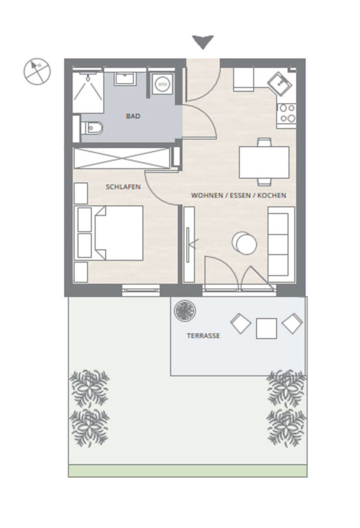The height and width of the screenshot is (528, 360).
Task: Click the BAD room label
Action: point(133,116)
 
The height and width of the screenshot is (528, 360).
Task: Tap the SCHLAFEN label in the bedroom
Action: point(123,187)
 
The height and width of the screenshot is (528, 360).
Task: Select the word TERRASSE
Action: point(203,336)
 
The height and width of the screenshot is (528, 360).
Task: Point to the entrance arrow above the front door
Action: point(203,42)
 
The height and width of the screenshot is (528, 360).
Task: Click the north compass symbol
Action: point(37,72)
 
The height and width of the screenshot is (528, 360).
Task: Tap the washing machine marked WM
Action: point(162,84)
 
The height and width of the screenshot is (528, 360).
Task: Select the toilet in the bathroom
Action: point(92,128)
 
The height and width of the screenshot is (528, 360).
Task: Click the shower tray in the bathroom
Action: point(88,92)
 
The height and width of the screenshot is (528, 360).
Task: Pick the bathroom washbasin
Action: point(125,79)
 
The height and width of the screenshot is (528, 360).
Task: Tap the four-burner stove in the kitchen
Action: point(287,113)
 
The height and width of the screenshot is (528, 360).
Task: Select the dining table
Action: point(264,163)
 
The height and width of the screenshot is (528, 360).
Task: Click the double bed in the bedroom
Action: point(108,233)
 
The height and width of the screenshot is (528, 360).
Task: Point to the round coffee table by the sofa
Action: point(244,243)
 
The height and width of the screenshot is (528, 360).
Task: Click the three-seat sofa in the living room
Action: point(281,245)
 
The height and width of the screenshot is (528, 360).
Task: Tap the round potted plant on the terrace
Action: point(185,310)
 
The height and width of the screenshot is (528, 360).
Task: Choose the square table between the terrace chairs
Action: point(266,329)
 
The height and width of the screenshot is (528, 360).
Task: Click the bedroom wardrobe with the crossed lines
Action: point(122,158)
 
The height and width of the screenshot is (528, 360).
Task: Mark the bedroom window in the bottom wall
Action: point(141,290)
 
